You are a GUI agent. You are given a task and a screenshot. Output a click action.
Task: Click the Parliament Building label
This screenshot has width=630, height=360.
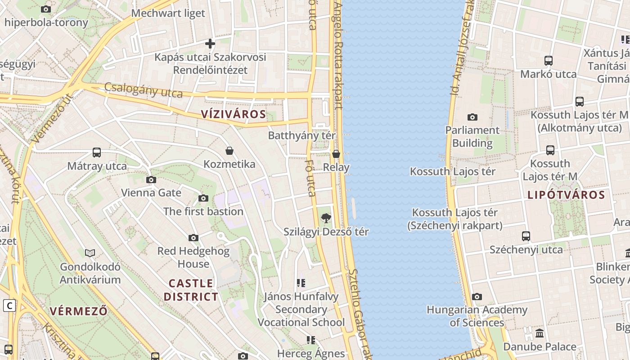click(472, 137)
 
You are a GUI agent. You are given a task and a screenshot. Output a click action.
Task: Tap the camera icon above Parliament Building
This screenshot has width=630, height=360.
click(472, 117)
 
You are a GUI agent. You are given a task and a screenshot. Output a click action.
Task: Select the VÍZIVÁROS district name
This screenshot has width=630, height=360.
click(234, 114)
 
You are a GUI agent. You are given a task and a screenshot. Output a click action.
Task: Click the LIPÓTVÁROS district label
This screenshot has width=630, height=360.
click(566, 195)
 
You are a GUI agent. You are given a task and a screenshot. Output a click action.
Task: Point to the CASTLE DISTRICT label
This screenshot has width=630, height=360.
click(191, 290)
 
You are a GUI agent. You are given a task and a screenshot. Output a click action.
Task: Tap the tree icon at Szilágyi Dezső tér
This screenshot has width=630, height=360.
click(325, 219)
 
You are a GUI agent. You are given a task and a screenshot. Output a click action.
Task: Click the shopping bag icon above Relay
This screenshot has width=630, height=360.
click(336, 154)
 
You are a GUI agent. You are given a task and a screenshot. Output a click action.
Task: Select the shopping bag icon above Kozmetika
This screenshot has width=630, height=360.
click(229, 151)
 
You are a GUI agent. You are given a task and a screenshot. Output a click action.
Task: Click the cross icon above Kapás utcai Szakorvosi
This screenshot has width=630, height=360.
click(210, 44)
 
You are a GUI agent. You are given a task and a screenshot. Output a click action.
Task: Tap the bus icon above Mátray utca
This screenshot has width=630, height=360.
click(97, 153)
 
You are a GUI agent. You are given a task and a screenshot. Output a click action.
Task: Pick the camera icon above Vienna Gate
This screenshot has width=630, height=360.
click(151, 180)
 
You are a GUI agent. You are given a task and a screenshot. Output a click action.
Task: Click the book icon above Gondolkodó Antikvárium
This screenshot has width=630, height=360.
click(90, 253)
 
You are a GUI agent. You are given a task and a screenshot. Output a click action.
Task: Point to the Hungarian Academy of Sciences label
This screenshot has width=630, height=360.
click(477, 316)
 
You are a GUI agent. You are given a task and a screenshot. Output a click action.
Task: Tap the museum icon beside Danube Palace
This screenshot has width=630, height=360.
click(539, 333)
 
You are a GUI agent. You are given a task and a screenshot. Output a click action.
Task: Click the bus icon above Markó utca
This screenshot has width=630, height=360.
click(548, 61)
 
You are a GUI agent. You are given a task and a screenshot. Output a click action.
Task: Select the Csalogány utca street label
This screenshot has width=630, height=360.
click(144, 90)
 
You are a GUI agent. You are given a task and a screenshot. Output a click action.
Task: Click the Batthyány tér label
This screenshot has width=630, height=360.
click(301, 135)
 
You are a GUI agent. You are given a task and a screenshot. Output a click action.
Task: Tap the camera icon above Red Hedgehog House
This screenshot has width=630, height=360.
click(193, 238)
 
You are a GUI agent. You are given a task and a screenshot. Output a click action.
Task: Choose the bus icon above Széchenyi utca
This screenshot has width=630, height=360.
click(526, 236)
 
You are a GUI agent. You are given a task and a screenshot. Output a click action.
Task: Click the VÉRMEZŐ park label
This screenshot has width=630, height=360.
click(79, 311)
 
